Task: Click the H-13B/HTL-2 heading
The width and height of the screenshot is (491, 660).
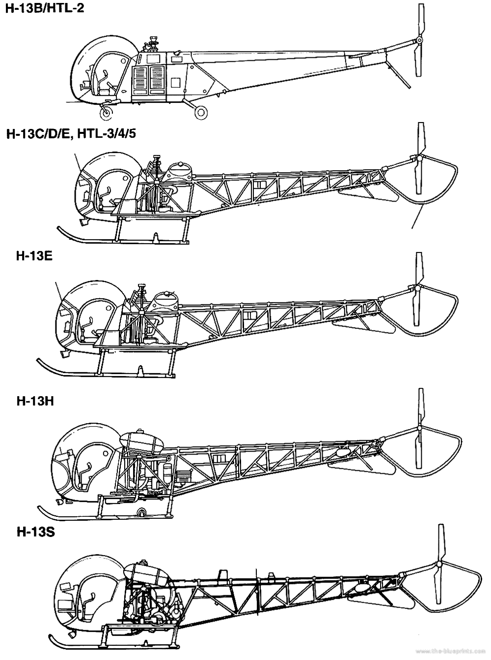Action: point(45,8)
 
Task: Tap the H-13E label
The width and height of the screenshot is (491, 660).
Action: point(34,256)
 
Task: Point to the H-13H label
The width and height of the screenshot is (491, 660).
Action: point(35,402)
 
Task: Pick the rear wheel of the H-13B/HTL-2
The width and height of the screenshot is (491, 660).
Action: point(201,113)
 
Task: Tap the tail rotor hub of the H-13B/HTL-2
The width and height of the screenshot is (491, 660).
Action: point(419,40)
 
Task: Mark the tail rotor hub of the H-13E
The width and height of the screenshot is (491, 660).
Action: point(418,288)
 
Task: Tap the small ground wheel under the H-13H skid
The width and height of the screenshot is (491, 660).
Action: point(141,513)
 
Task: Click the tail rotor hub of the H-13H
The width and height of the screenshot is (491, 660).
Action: point(419,428)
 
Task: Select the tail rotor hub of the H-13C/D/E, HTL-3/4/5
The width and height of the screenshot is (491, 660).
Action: point(419,157)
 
